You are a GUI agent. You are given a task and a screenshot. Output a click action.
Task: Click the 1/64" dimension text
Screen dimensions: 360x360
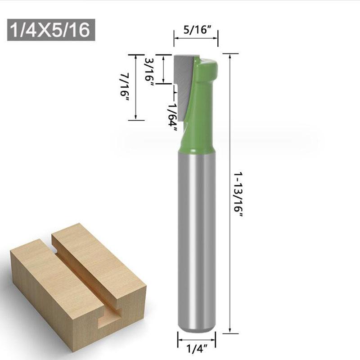click(172, 117)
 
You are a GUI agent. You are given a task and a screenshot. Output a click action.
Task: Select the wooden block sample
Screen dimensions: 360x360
click(76, 288)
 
